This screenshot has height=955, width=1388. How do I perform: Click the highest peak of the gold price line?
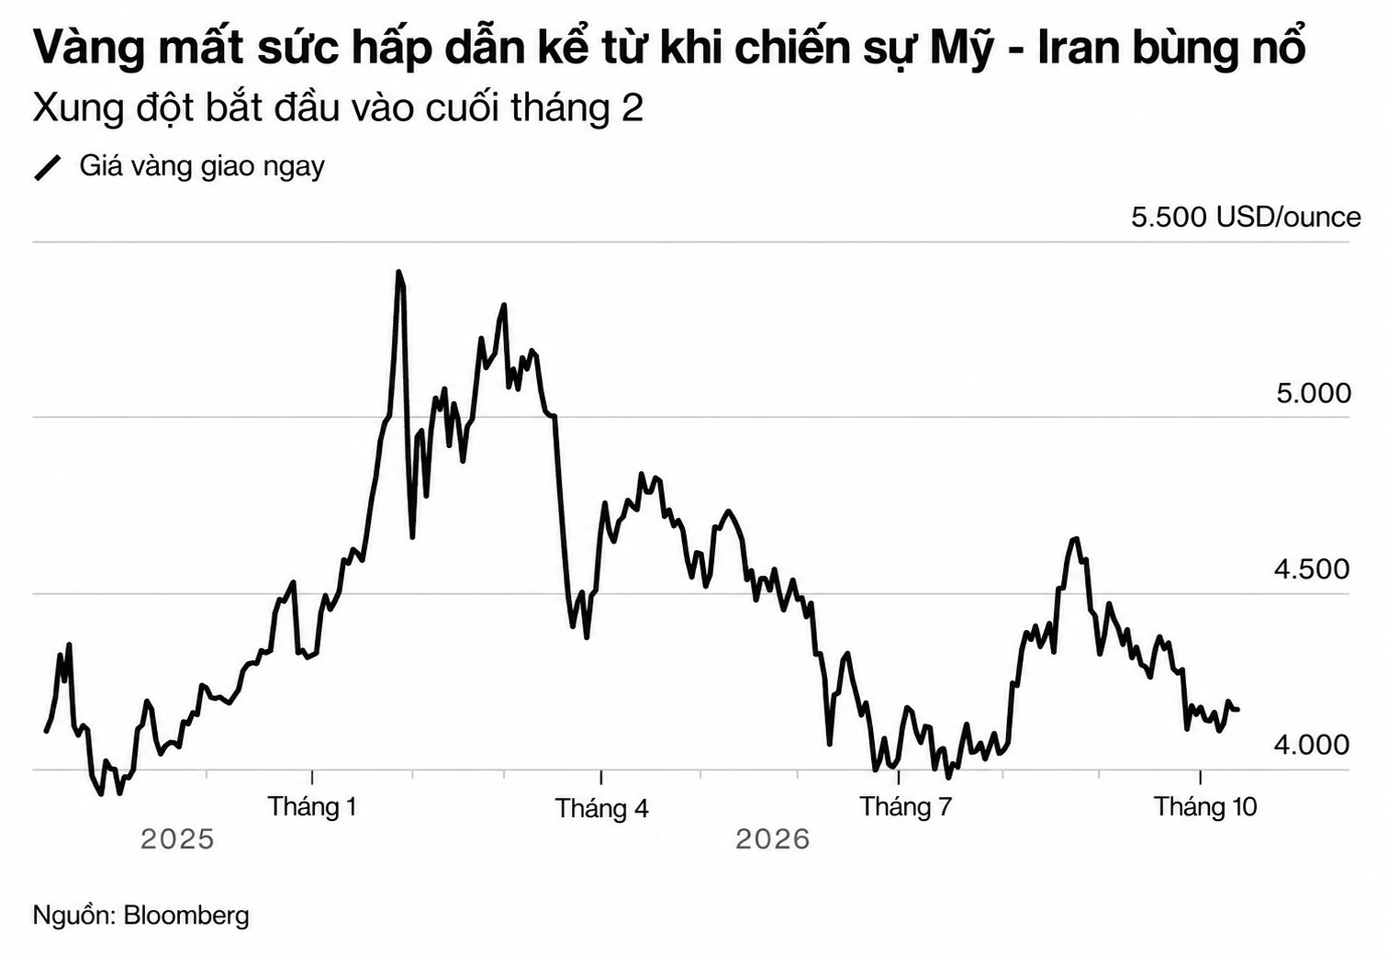click(398, 272)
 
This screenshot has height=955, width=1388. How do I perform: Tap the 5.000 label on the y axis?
click(1314, 394)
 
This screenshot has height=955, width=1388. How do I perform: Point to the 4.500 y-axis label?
click(1312, 569)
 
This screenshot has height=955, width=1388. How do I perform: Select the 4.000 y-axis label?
click(1312, 745)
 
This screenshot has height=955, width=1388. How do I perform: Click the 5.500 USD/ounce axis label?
click(1246, 218)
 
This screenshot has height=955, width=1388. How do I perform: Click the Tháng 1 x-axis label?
click(312, 807)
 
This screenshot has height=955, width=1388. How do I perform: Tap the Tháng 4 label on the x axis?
click(601, 809)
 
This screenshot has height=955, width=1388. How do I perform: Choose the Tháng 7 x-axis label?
click(905, 807)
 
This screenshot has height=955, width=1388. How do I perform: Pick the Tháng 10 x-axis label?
click(1205, 807)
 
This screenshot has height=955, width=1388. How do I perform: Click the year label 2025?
click(177, 839)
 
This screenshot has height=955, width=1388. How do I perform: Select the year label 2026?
click(773, 839)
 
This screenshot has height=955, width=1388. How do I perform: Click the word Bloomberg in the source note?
click(186, 916)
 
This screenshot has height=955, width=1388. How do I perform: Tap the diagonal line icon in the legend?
click(48, 168)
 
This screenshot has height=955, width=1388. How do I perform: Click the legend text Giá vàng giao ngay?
click(202, 167)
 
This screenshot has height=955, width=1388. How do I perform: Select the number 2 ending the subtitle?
click(632, 108)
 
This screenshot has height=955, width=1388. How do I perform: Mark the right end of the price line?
click(1237, 710)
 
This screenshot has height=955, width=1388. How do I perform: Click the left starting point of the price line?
click(46, 731)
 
